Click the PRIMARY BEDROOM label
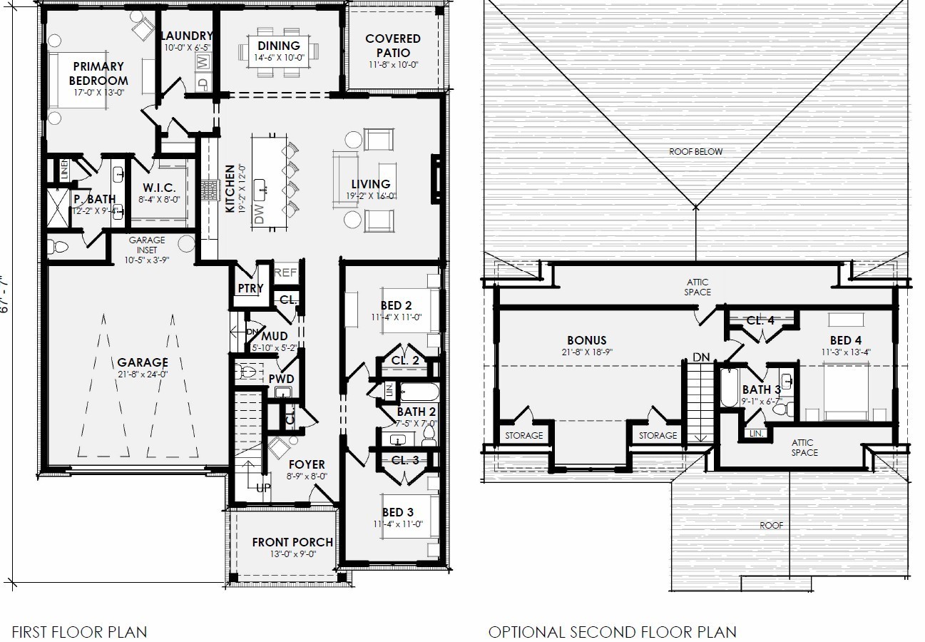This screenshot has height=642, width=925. (x=98, y=73)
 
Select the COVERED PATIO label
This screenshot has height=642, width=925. (x=393, y=46)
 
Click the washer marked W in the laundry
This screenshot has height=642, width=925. (x=203, y=62)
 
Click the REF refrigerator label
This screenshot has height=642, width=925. (x=285, y=272)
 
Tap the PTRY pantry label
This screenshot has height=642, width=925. (x=250, y=289)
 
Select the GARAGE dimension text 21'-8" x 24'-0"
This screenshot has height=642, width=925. (x=143, y=374)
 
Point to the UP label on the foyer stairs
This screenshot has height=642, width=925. (x=263, y=488)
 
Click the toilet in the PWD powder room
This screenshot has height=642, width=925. (x=247, y=372)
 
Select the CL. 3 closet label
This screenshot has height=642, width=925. (x=405, y=460)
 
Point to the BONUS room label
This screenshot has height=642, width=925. (x=586, y=340)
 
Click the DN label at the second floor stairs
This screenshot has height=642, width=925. (x=701, y=357)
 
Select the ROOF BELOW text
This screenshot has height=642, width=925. (x=695, y=151)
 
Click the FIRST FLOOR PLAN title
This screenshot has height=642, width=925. (x=79, y=631)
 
